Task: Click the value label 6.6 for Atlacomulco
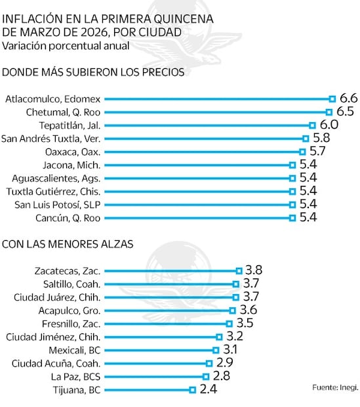click(347, 98)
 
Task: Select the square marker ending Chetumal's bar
click(329, 112)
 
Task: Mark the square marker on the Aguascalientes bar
click(292, 178)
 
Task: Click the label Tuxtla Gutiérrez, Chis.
click(52, 191)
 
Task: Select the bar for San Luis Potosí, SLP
click(197, 204)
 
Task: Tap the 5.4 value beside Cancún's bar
click(307, 217)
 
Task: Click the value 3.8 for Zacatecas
click(254, 270)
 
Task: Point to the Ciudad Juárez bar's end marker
click(235, 297)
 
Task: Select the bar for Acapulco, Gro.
click(168, 310)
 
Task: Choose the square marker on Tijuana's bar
click(192, 389)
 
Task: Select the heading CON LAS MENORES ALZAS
click(68, 244)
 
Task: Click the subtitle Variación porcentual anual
click(65, 45)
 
